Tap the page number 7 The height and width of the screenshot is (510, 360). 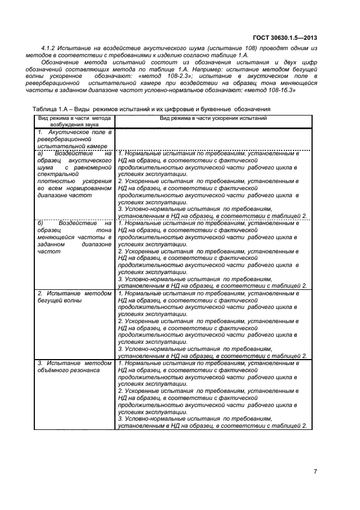pyautogui.click(x=315, y=471)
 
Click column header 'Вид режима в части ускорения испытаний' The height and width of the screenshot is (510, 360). pyautogui.click(x=213, y=118)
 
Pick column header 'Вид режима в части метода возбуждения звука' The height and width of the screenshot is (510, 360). pyautogui.click(x=75, y=121)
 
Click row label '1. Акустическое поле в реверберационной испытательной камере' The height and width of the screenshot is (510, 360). pyautogui.click(x=74, y=139)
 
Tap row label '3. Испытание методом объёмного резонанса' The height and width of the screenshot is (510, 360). pyautogui.click(x=74, y=366)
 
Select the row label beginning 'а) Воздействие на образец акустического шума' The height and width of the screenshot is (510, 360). pyautogui.click(x=74, y=174)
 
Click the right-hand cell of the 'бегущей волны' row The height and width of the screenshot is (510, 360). pyautogui.click(x=213, y=325)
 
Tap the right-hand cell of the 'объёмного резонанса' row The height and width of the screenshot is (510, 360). pyautogui.click(x=213, y=394)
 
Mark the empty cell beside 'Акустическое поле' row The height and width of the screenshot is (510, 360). pyautogui.click(x=213, y=139)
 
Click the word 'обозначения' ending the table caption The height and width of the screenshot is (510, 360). pyautogui.click(x=253, y=109)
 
